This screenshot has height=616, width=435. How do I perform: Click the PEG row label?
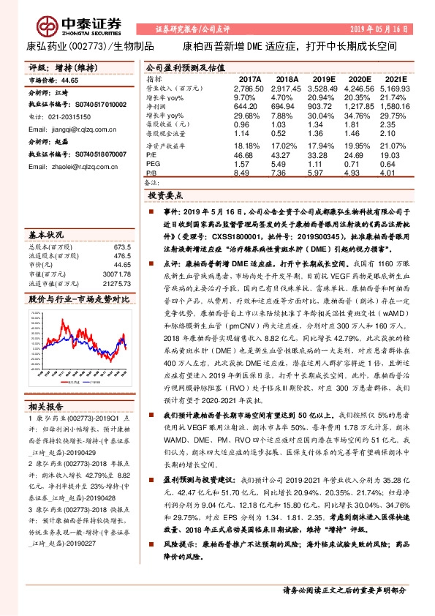154,165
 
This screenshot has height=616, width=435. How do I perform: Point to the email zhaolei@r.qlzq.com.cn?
71,166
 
